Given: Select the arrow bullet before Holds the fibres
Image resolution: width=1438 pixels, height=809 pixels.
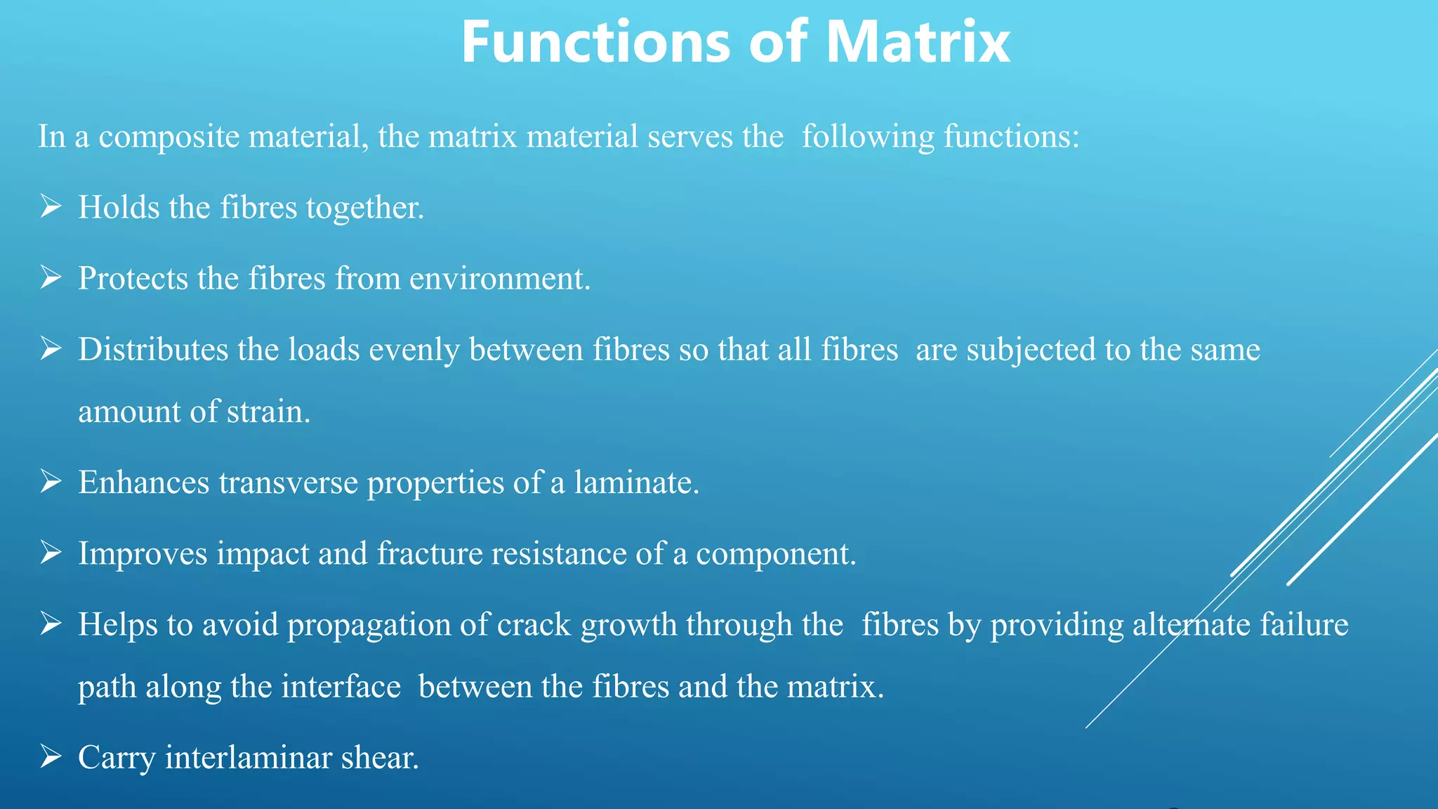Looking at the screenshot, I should click(x=51, y=206).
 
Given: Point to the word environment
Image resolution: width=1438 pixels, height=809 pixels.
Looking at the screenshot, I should click(x=500, y=279).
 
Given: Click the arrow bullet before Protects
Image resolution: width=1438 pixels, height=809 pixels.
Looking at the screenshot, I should click(x=51, y=277).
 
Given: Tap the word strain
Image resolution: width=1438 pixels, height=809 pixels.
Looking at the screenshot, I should click(x=269, y=412).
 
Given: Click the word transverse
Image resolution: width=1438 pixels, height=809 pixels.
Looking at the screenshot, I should click(x=288, y=483).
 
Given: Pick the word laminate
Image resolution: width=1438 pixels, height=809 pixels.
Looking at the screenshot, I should click(x=636, y=483).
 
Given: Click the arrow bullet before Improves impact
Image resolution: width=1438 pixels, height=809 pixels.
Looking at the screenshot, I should click(x=51, y=553).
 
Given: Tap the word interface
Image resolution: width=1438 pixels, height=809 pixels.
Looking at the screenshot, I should click(x=341, y=687).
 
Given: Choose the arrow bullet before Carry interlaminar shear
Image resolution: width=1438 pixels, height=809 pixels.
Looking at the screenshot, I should click(x=51, y=756).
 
